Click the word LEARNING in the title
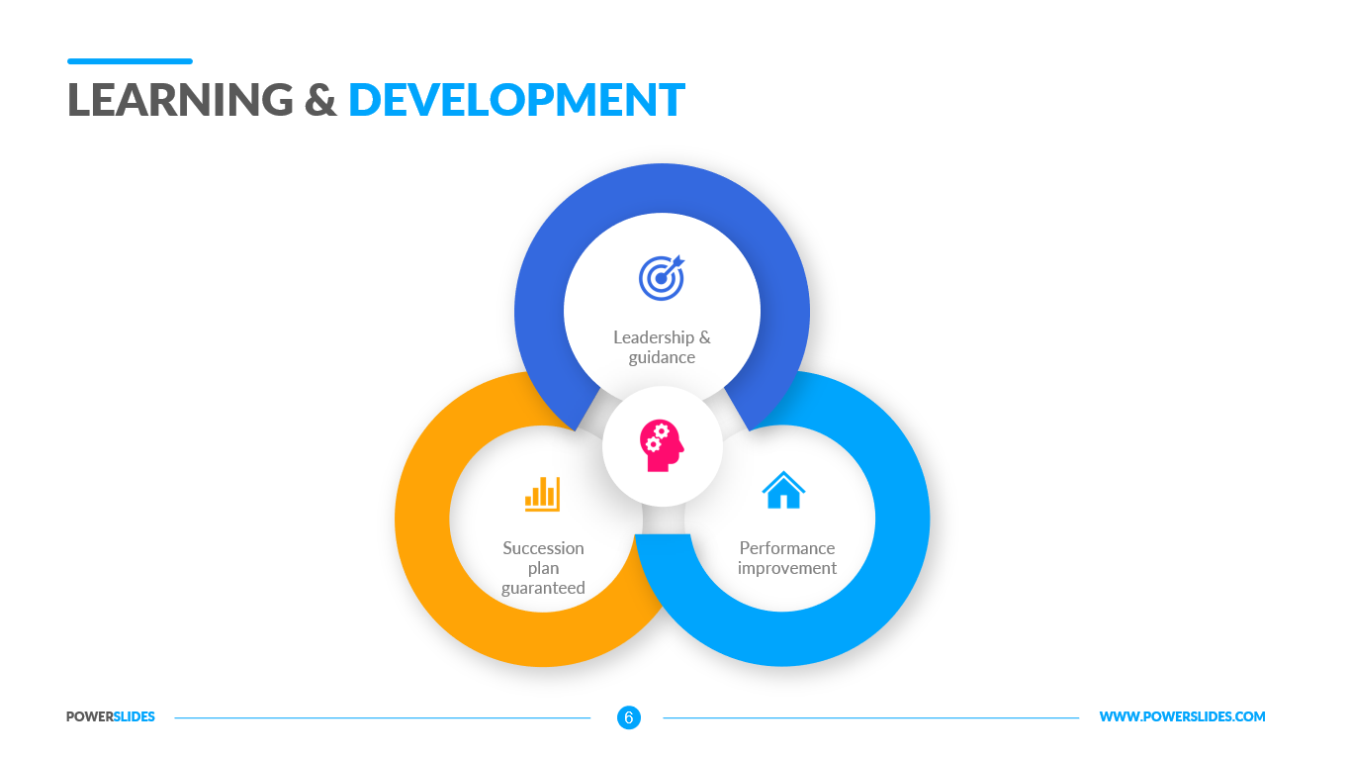(x=180, y=100)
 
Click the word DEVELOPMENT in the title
(x=516, y=100)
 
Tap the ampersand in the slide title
(x=320, y=100)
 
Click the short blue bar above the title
(x=130, y=61)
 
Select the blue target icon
(x=662, y=277)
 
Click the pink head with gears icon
(x=661, y=445)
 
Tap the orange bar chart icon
(x=542, y=494)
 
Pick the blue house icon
(x=783, y=490)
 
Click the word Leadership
(x=654, y=337)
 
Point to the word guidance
(x=662, y=357)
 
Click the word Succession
(x=543, y=548)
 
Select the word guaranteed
(x=543, y=588)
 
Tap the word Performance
(x=787, y=548)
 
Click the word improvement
(x=787, y=568)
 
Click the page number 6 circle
(x=629, y=717)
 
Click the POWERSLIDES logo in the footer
(x=111, y=716)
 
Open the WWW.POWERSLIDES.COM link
(x=1183, y=716)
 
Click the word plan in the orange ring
(x=544, y=568)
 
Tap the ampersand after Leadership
(x=704, y=337)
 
